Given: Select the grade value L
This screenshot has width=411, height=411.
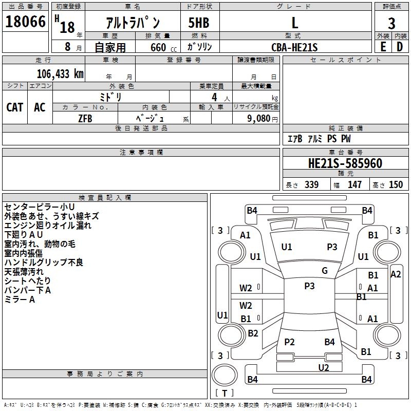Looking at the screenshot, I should (294, 23).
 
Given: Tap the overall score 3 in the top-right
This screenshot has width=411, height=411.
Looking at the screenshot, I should (391, 23).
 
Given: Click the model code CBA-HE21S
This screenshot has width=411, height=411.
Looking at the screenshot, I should (294, 47).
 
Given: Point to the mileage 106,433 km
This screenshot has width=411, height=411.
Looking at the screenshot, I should (60, 73).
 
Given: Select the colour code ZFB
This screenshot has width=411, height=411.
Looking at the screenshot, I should (85, 118).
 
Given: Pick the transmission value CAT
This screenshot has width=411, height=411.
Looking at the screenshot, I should (14, 107).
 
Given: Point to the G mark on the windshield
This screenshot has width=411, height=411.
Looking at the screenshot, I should (325, 271).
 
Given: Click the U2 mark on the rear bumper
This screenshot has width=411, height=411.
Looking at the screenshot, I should (323, 367).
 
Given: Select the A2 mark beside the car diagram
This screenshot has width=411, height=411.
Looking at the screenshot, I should (396, 274).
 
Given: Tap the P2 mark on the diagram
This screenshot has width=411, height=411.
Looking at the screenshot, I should (289, 342).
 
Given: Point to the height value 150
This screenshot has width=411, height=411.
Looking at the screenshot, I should (396, 185).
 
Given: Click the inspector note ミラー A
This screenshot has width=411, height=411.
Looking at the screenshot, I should (20, 300).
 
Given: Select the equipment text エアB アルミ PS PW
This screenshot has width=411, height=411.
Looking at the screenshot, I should (319, 139).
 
